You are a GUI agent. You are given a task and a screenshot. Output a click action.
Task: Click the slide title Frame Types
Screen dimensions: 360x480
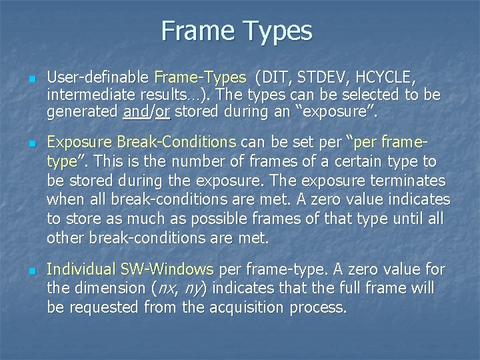(236, 31)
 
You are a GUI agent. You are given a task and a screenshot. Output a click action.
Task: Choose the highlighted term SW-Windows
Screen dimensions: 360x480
(167, 269)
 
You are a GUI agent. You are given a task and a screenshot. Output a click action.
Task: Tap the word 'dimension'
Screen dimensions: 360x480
(113, 289)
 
